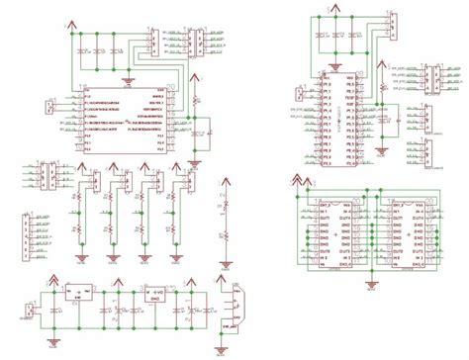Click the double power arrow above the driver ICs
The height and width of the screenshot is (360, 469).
(x=298, y=180)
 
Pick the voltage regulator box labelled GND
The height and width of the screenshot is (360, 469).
(x=155, y=295)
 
